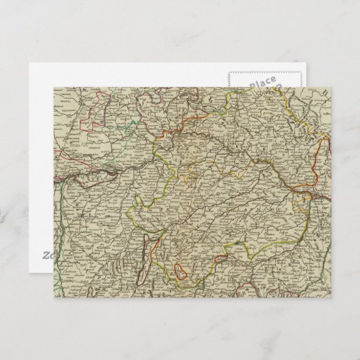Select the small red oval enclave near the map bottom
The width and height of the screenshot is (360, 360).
[181, 271]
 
